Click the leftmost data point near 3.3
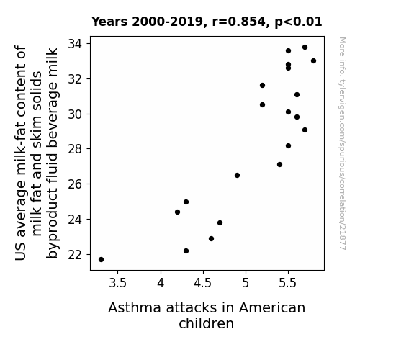point(101,259)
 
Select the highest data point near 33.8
point(305,48)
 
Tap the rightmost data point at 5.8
point(313,61)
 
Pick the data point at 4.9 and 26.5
point(237,176)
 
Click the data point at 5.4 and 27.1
point(279,165)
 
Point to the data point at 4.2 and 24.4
point(177,212)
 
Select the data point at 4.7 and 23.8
point(220,223)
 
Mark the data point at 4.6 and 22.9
point(211,239)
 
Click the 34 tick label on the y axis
point(76,44)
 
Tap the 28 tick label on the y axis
point(76,149)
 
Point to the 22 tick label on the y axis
point(76,255)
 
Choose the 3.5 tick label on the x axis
point(118,283)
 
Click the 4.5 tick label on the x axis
point(203,283)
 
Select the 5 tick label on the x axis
point(246,283)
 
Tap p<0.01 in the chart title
point(298,22)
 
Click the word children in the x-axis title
point(206,323)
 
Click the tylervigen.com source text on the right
point(342,143)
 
